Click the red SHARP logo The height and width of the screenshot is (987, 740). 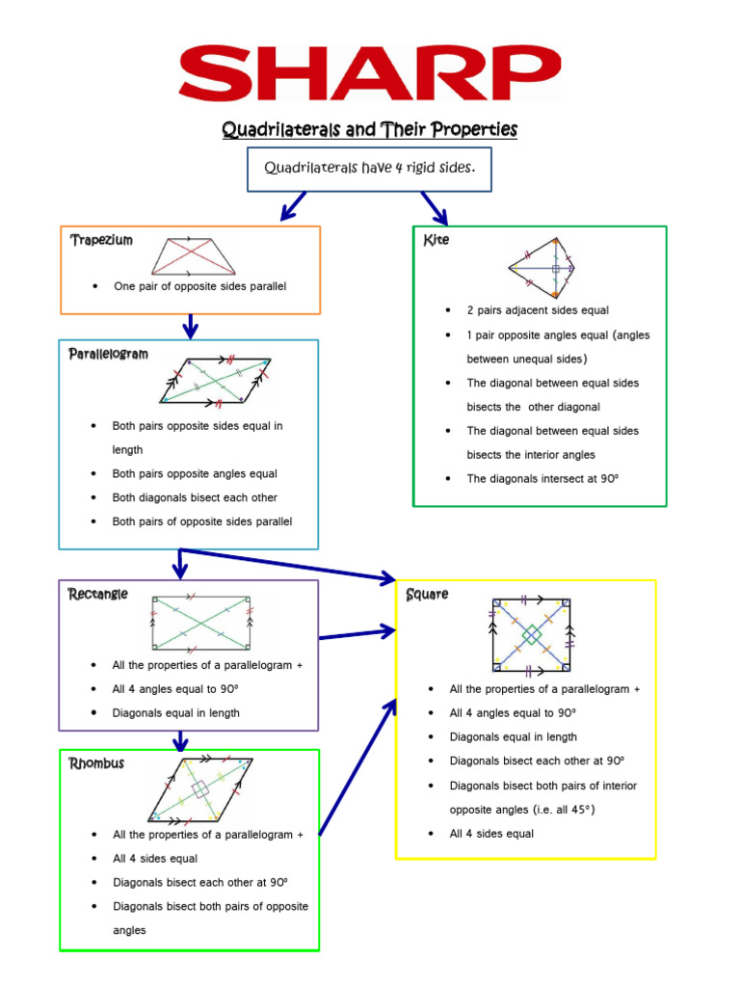click(x=369, y=73)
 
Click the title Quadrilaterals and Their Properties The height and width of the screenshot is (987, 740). click(x=370, y=128)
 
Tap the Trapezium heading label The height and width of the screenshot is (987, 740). click(x=101, y=240)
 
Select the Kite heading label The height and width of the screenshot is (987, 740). click(x=436, y=240)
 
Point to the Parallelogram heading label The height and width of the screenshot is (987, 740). click(x=108, y=354)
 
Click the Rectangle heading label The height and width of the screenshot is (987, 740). click(x=97, y=594)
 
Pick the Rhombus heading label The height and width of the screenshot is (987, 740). click(x=96, y=763)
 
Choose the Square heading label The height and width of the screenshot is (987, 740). click(x=427, y=594)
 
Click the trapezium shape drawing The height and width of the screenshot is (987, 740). click(x=194, y=256)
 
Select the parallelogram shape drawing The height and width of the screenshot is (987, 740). click(x=216, y=380)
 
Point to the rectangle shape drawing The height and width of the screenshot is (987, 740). click(x=200, y=623)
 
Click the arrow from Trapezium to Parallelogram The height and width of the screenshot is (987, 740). click(x=190, y=327)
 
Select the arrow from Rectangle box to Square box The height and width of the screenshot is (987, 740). click(x=357, y=633)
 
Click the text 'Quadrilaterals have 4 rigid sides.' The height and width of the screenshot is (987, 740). click(x=370, y=168)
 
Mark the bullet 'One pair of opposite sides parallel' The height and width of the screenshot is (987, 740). click(x=199, y=286)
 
